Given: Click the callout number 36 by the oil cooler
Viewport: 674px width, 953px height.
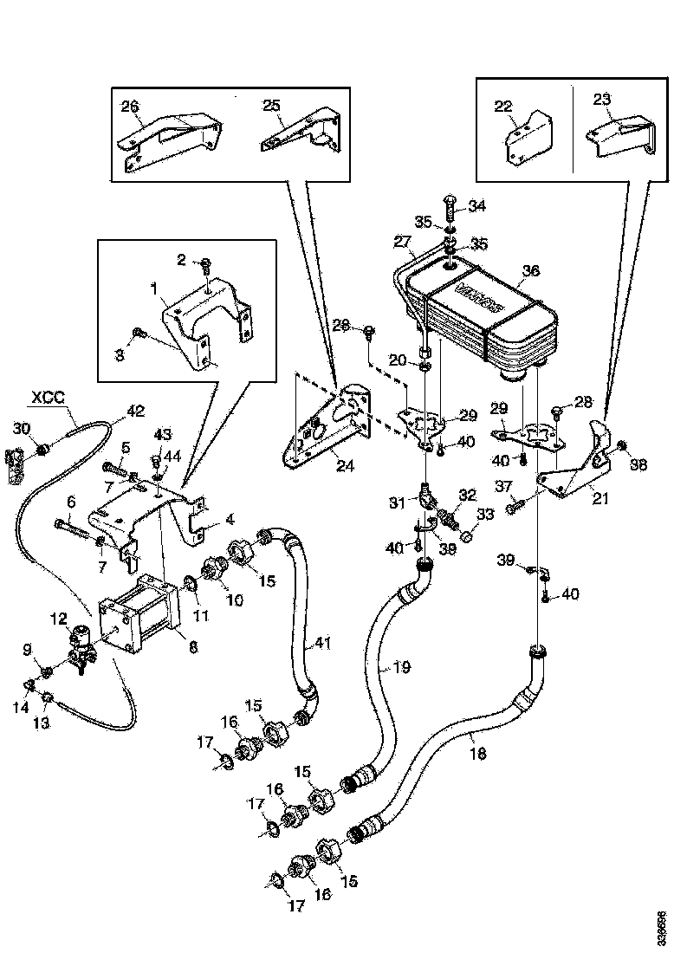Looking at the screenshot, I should click(529, 269).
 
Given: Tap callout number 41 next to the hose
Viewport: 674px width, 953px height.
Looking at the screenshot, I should click(323, 643).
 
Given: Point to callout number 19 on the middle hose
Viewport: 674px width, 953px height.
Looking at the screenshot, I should click(401, 668).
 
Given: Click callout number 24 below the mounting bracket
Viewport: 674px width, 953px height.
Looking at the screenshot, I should click(345, 466).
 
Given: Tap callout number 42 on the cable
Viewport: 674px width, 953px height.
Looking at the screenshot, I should click(136, 411).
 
